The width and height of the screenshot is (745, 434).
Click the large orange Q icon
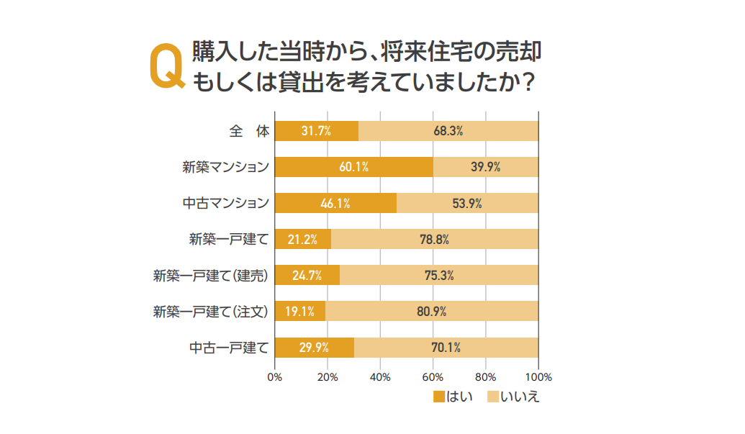pyautogui.click(x=165, y=68)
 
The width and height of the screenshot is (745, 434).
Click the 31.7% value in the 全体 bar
pyautogui.click(x=315, y=131)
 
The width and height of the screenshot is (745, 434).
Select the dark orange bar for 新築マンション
pyautogui.click(x=353, y=167)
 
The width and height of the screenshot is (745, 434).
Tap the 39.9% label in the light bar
pyautogui.click(x=485, y=167)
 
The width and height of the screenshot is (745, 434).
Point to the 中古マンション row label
pyautogui.click(x=225, y=203)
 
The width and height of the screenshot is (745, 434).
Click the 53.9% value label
pyautogui.click(x=466, y=203)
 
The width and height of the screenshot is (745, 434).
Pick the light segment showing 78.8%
pyautogui.click(x=434, y=239)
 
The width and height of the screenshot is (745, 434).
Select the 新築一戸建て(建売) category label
pyautogui.click(x=211, y=276)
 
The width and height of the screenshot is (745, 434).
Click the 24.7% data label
pyautogui.click(x=306, y=276)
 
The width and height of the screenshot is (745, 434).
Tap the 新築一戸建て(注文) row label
pyautogui.click(x=211, y=312)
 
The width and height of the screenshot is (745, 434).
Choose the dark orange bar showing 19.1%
pyautogui.click(x=299, y=312)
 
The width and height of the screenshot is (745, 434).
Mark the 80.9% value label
pyautogui.click(x=431, y=312)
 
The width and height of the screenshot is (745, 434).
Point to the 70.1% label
pyautogui.click(x=446, y=348)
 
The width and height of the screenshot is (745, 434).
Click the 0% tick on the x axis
pyautogui.click(x=274, y=377)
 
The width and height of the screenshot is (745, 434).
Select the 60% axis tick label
pyautogui.click(x=433, y=377)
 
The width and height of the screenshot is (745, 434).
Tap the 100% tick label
pyautogui.click(x=538, y=377)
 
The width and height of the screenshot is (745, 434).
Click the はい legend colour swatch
pyautogui.click(x=439, y=397)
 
